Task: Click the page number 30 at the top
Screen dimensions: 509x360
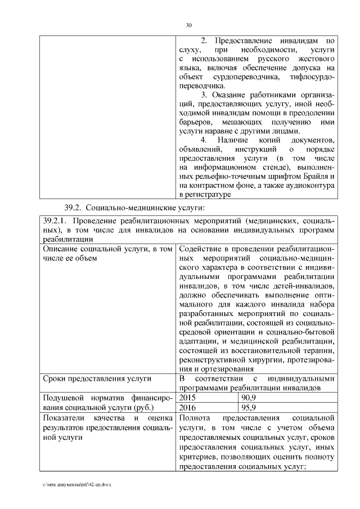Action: point(188,25)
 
